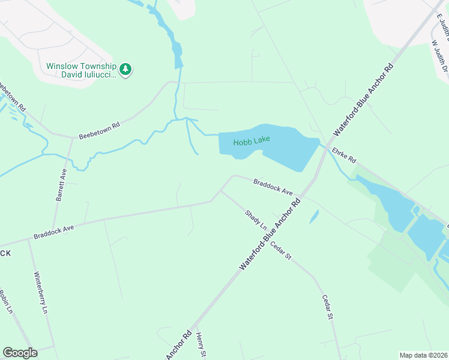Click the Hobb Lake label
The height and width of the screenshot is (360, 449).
pos(252,140)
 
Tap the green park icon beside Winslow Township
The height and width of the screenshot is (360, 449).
pos(125,70)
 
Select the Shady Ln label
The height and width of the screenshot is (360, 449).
pos(256,220)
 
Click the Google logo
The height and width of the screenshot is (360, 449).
pos(20,353)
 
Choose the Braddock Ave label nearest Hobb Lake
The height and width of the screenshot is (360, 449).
pos(273,187)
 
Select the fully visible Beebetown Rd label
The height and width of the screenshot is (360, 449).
pos(100,130)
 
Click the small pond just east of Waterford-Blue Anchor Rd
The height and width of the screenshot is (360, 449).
pos(313,217)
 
